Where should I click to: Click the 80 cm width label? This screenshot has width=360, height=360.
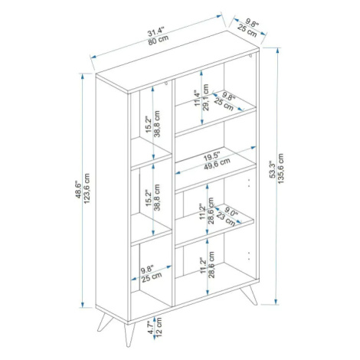[x=159, y=41]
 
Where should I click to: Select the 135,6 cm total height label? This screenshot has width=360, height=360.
[x=280, y=169]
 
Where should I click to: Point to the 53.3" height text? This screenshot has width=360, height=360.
[x=272, y=169]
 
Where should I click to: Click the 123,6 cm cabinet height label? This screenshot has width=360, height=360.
[x=87, y=188]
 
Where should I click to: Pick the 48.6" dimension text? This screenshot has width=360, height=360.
[x=78, y=190]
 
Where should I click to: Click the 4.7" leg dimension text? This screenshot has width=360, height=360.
[x=152, y=327]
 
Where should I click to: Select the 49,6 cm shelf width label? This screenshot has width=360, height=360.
[x=217, y=164]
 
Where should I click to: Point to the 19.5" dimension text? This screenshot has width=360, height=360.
[x=212, y=156]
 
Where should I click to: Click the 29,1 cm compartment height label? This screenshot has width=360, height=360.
[x=206, y=97]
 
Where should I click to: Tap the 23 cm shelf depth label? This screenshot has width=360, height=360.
[x=226, y=219]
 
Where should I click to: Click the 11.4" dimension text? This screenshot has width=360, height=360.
[x=198, y=98]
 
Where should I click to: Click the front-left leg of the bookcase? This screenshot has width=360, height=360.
[x=129, y=334]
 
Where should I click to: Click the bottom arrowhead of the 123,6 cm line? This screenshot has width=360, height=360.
[x=83, y=305]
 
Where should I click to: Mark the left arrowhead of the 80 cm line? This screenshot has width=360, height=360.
[x=93, y=57]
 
